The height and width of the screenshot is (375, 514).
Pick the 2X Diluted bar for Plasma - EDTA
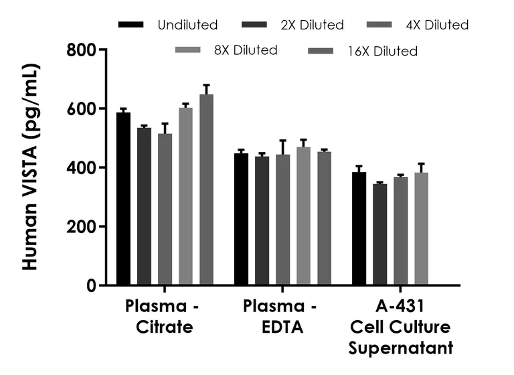tap(262, 221)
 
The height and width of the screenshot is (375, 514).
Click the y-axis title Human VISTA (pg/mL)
tap(30, 167)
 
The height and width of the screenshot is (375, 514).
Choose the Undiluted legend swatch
tap(131, 25)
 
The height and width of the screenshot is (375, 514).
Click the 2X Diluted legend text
tap(311, 25)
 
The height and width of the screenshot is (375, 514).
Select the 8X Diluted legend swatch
tap(188, 50)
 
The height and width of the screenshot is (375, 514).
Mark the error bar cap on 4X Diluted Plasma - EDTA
tap(282, 141)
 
